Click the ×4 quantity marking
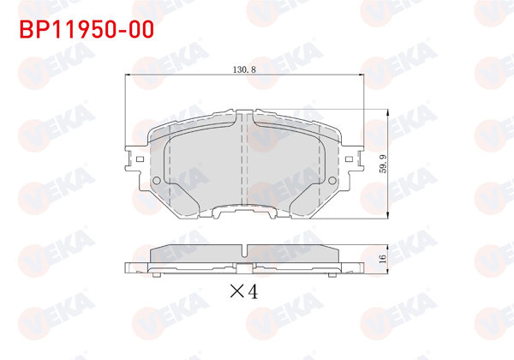click(x=245, y=291)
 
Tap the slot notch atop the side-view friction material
click(x=247, y=250)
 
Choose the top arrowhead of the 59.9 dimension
click(x=391, y=112)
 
